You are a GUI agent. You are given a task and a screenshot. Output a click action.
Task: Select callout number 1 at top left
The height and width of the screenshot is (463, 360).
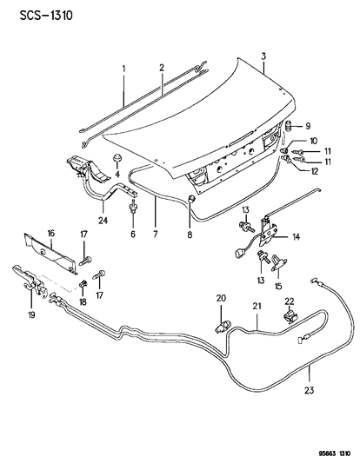[123, 68]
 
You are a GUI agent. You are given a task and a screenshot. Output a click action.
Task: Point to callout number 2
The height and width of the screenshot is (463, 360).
[162, 68]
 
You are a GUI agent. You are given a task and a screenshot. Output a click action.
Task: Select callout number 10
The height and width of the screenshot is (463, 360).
[313, 142]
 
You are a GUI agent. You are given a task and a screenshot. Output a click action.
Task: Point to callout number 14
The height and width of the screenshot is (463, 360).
[297, 235]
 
